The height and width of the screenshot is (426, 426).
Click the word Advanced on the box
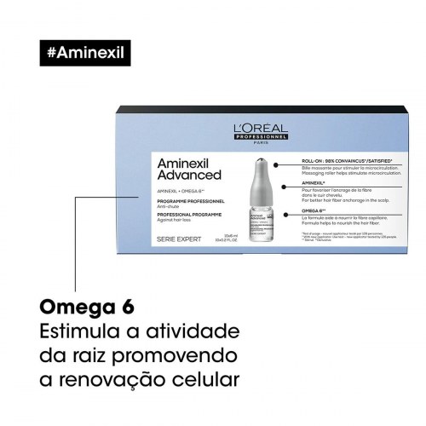coord(190,176)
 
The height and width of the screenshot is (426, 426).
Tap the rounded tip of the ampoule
coord(263,162)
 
